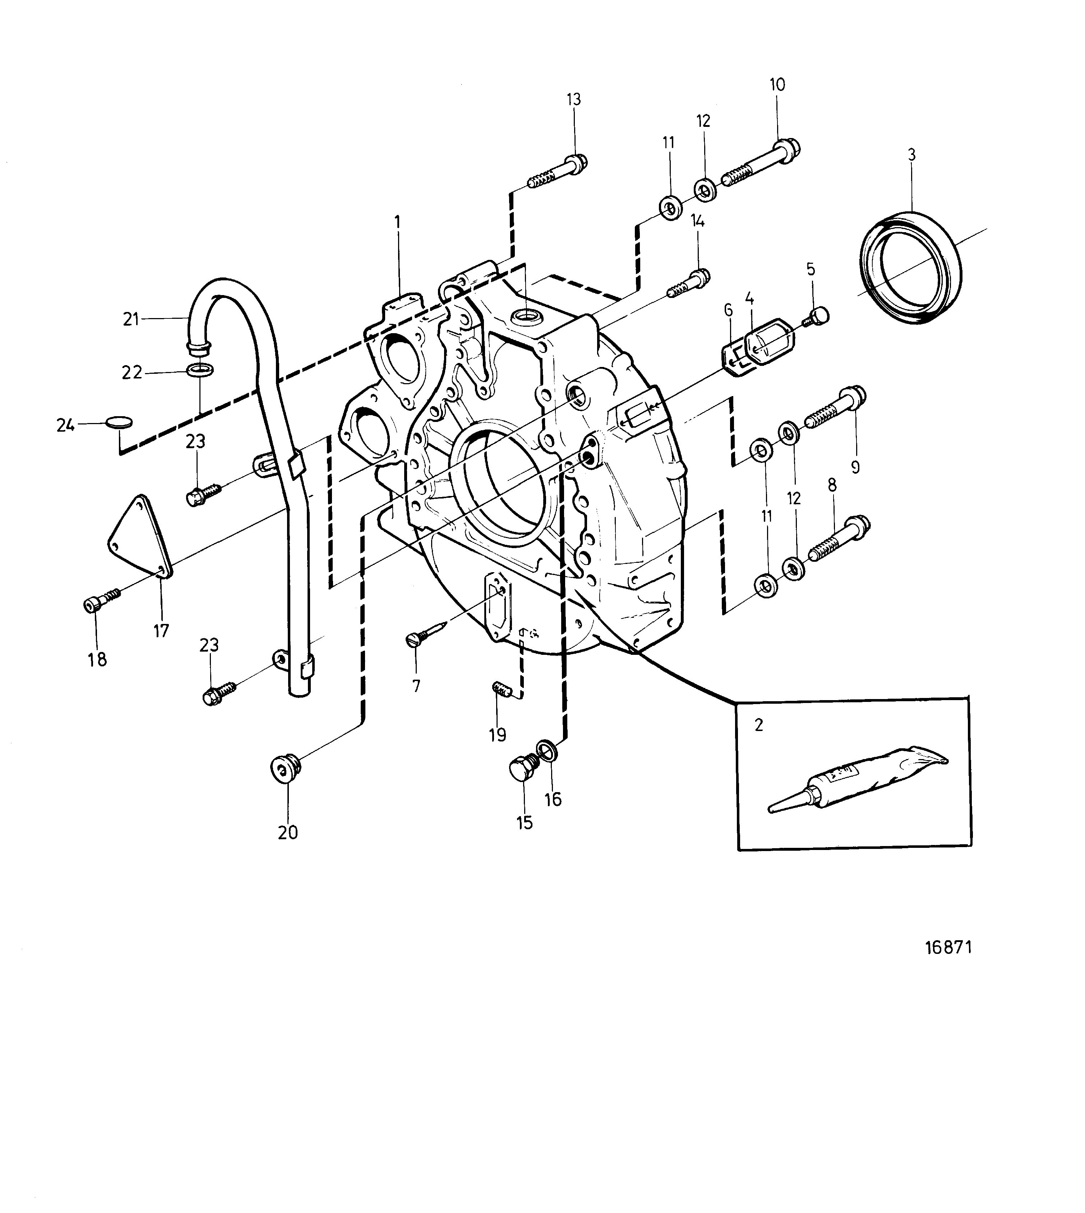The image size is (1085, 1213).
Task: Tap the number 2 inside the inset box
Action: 759,725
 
